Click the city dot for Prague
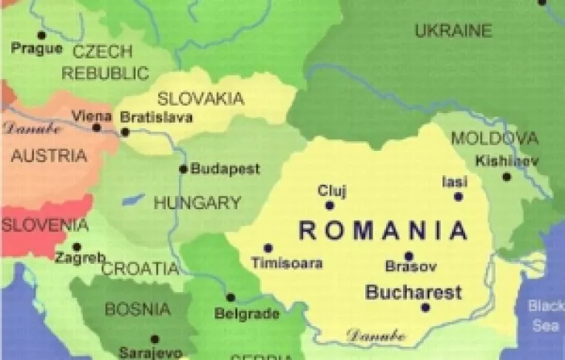[x=41, y=35]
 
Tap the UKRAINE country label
[x=453, y=31]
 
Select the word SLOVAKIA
[x=200, y=98]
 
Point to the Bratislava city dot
[x=125, y=132]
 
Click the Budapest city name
[x=226, y=169]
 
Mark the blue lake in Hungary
[x=133, y=200]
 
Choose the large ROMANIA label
[x=383, y=231]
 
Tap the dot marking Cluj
[x=330, y=206]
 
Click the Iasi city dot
[x=459, y=197]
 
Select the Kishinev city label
[x=507, y=160]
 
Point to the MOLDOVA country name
[x=494, y=138]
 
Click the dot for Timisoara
[x=268, y=248]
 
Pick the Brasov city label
[x=410, y=267]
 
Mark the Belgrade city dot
[x=231, y=298]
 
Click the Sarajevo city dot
[x=155, y=339]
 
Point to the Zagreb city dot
[x=77, y=247]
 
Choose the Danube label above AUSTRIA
[x=32, y=127]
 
